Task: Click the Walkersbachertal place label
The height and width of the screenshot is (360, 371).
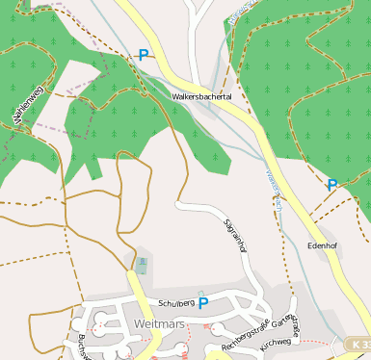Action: (x=202, y=97)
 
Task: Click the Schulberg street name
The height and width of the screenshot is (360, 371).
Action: (x=176, y=302)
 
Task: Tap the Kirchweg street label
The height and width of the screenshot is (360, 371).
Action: (x=276, y=342)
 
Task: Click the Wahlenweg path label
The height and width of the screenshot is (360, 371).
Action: (x=28, y=104)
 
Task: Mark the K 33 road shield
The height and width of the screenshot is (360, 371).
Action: (x=358, y=344)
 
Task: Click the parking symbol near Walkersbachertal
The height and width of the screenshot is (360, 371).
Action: (x=144, y=56)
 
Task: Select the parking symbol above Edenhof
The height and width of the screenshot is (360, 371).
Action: (x=332, y=184)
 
